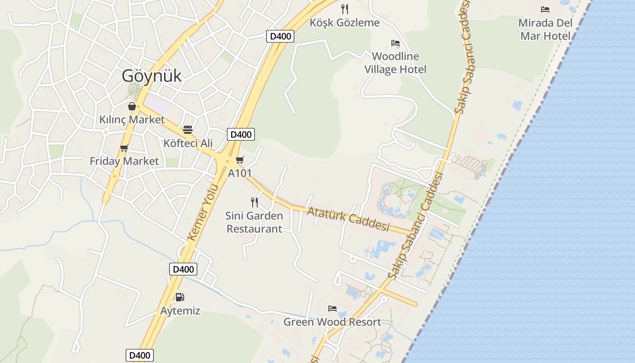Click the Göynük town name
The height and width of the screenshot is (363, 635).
pyautogui.click(x=151, y=76)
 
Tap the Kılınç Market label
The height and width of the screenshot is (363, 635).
pyautogui.click(x=132, y=120)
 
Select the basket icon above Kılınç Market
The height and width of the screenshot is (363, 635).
pyautogui.click(x=132, y=106)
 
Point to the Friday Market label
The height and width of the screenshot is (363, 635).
pyautogui.click(x=124, y=161)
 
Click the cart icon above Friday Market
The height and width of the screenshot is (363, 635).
pyautogui.click(x=124, y=148)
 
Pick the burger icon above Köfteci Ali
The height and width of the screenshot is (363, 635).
pyautogui.click(x=188, y=130)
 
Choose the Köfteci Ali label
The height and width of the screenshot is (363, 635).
pyautogui.click(x=188, y=143)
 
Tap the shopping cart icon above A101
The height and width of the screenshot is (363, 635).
pyautogui.click(x=240, y=160)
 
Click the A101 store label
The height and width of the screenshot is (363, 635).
pyautogui.click(x=240, y=173)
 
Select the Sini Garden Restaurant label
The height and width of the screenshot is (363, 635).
pyautogui.click(x=254, y=222)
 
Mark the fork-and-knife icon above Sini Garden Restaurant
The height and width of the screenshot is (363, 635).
pyautogui.click(x=254, y=202)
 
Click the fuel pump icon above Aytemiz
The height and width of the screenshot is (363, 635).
pyautogui.click(x=180, y=297)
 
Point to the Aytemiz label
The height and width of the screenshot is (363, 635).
pyautogui.click(x=180, y=311)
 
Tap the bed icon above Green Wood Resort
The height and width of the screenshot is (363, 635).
pyautogui.click(x=332, y=309)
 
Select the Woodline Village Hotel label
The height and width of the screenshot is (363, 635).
pyautogui.click(x=396, y=63)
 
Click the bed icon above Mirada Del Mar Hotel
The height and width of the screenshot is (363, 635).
pyautogui.click(x=545, y=10)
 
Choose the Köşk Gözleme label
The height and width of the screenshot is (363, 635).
pyautogui.click(x=345, y=23)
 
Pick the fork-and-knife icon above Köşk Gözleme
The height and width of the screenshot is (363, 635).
pyautogui.click(x=345, y=9)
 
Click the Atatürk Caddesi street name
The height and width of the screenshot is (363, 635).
pyautogui.click(x=348, y=218)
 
